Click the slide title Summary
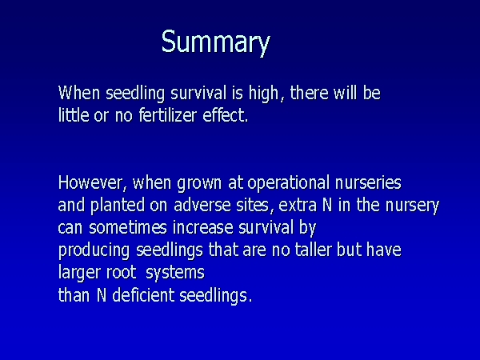pos(216,42)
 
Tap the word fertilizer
pos(168,115)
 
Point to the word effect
pos(226,115)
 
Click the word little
pos(74,115)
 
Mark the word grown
pos(199,183)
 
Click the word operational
pos(288,183)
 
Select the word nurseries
pos(368,182)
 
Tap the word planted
pos(118,205)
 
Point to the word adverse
pos(202,205)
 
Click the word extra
pos(298,206)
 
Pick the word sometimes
pos(128,228)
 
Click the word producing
pos(94,250)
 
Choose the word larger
pos(79,273)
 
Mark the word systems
pos(175,273)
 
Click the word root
pos(122,273)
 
